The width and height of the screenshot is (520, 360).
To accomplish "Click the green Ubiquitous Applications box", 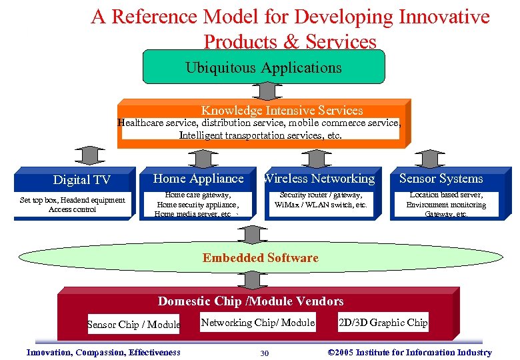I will (263, 67).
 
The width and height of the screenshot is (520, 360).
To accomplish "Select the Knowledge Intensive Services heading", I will (282, 110).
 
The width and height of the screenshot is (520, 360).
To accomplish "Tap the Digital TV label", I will (81, 180).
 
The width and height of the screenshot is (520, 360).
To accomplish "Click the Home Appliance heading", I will (199, 178).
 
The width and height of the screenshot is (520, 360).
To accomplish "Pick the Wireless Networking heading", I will (319, 178).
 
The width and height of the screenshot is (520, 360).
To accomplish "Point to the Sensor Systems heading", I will (441, 178).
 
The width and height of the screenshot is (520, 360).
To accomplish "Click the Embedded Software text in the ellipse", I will (261, 258).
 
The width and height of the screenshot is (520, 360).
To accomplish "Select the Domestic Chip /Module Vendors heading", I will (251, 301).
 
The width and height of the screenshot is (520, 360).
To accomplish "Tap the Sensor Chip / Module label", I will (134, 325).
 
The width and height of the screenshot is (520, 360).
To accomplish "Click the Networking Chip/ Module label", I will (258, 323).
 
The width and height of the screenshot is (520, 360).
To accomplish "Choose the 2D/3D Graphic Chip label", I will (383, 323).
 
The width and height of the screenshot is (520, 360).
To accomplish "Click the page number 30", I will (264, 353).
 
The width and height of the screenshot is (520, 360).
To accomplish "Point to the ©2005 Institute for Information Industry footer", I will (410, 353).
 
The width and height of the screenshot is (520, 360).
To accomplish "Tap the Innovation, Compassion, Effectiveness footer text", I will (103, 353).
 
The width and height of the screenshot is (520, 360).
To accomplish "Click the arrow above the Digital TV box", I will (87, 155).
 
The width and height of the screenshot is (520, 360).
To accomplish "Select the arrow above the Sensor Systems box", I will (429, 156).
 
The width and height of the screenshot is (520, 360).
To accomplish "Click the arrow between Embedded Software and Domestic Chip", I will (251, 277).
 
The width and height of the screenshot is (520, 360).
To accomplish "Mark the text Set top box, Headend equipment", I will (73, 200).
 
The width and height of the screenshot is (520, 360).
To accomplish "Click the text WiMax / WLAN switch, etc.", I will (321, 205).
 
